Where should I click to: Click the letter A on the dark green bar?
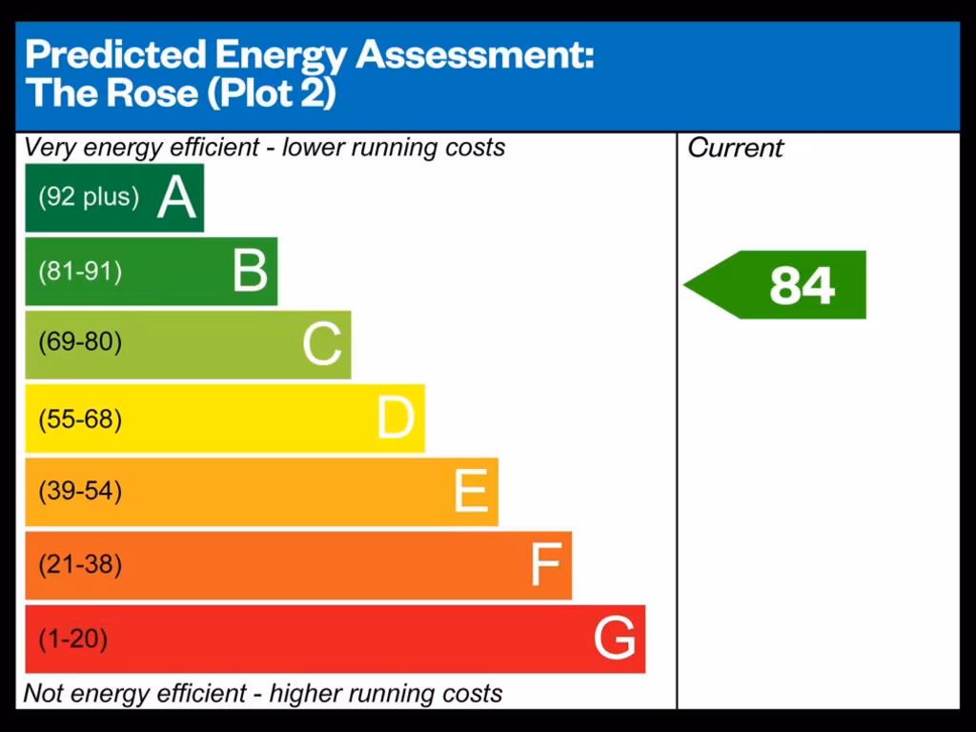[176, 198]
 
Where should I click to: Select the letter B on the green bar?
[250, 271]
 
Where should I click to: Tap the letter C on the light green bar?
[322, 344]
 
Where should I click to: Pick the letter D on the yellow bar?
[396, 418]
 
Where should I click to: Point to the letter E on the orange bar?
[471, 492]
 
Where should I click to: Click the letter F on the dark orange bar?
[544, 565]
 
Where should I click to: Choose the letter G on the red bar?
[615, 639]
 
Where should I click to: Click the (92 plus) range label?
[89, 197]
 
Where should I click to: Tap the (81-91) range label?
[80, 272]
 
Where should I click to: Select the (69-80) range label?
[80, 342]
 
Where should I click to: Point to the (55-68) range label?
[80, 419]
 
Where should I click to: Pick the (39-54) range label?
[80, 492]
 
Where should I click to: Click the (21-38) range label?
[80, 565]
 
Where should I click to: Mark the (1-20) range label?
[72, 639]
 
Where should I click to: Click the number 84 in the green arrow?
[802, 285]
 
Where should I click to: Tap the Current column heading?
[735, 148]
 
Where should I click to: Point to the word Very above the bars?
[48, 148]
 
